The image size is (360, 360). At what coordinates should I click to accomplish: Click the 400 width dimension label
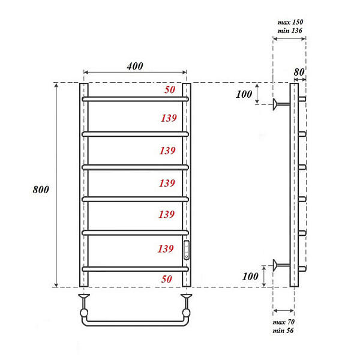coord(135,66)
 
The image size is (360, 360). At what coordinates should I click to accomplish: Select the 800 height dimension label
coord(40,190)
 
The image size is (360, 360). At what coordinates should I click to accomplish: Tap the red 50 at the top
coord(170,90)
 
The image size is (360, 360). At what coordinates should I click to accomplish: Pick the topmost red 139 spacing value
coord(168,118)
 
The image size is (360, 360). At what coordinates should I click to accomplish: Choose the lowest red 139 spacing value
coord(168,248)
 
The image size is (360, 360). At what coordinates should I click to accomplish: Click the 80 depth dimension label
coord(299,72)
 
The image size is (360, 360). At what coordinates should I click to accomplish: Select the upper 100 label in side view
coord(244,94)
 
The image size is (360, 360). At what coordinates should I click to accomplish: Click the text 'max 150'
coord(290,22)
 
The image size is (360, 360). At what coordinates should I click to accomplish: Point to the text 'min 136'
coord(290,31)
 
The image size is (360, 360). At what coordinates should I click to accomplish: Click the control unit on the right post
coord(186,250)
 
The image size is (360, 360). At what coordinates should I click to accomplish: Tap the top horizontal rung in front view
coord(135,99)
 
